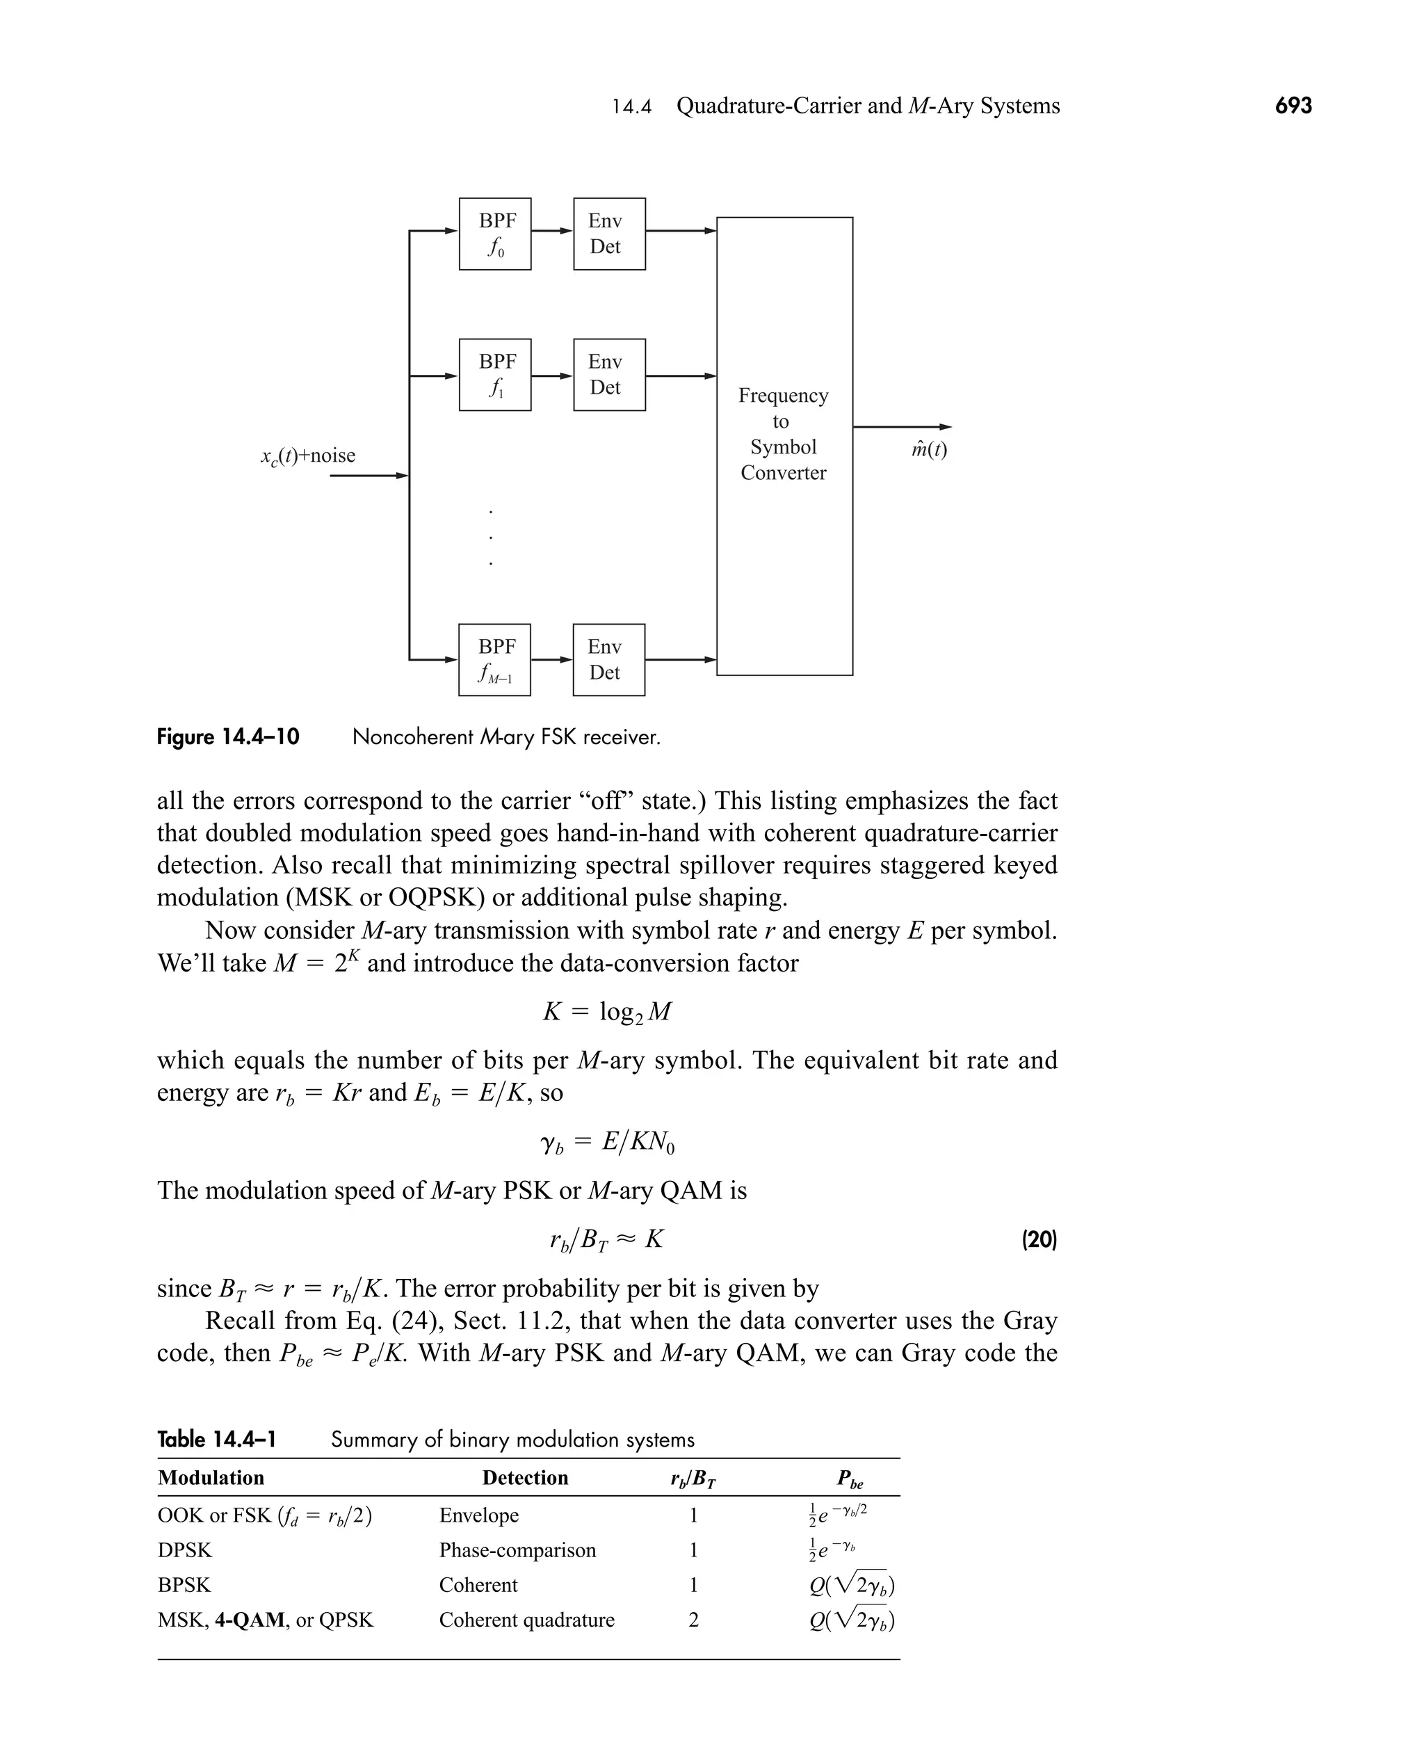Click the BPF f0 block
coord(494,234)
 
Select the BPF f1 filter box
coord(494,375)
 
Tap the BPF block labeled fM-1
coord(494,659)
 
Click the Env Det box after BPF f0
coord(608,234)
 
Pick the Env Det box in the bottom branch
coord(608,659)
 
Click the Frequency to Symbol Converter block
coord(784,446)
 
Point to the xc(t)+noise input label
coord(307,456)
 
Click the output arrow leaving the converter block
coord(903,426)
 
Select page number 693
coord(1293,106)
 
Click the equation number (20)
coord(1039,1239)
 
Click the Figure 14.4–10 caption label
coord(228,736)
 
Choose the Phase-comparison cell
coord(517,1549)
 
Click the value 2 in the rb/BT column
coord(693,1620)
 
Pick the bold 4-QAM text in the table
coord(250,1620)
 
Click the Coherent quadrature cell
coord(526,1620)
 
